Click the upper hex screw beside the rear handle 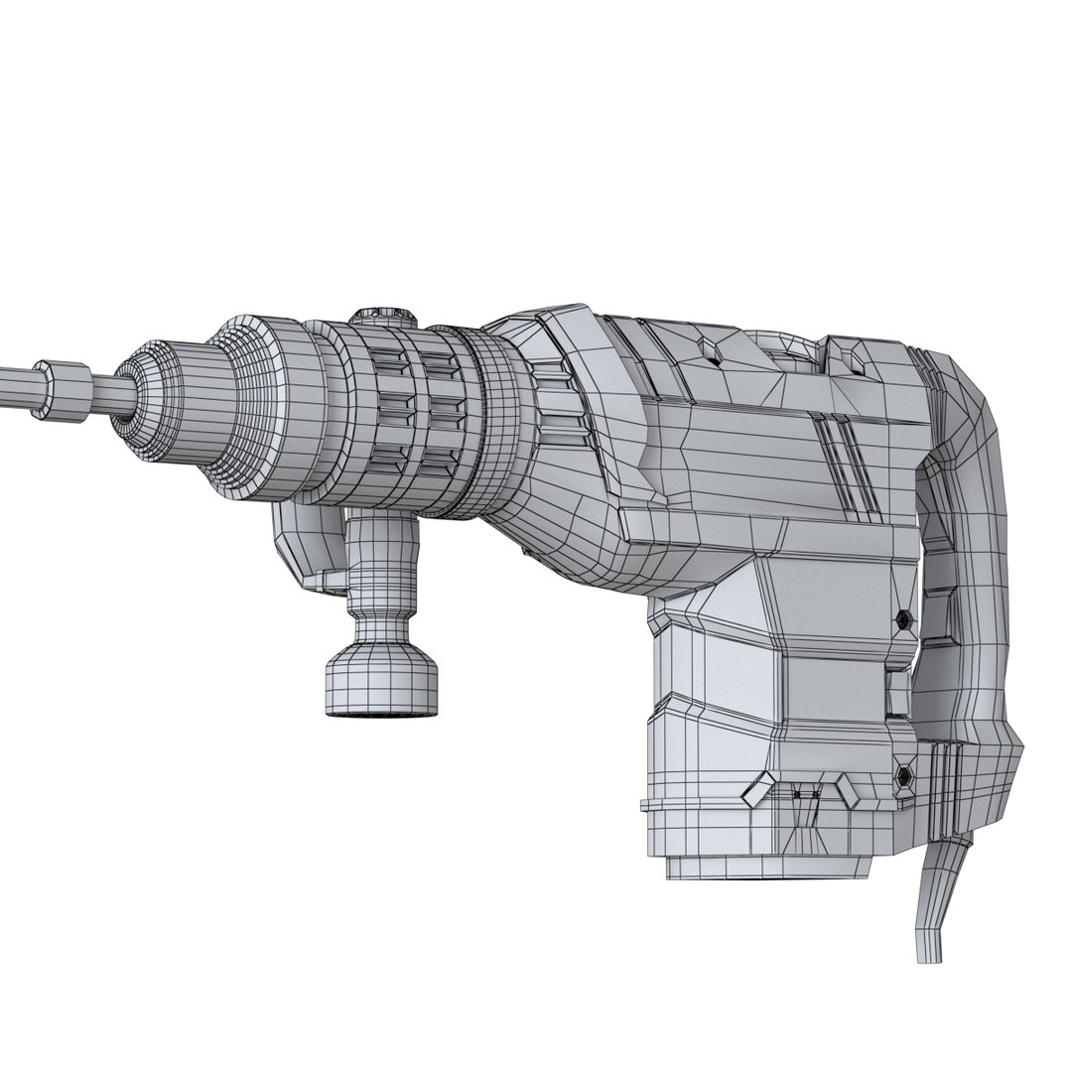(x=902, y=619)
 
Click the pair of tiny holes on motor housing (x=805, y=794)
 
